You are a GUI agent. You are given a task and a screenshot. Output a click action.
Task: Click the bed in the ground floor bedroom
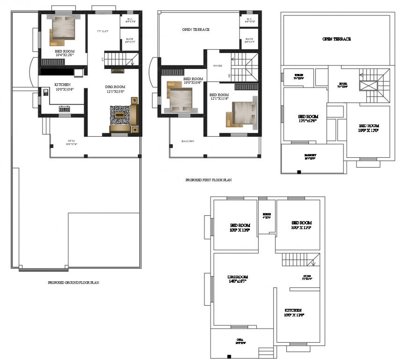63,29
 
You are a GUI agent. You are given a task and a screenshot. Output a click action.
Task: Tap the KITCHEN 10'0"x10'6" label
62,87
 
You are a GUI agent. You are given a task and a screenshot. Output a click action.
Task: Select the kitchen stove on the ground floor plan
64,109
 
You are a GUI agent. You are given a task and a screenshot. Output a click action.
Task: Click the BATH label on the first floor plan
249,40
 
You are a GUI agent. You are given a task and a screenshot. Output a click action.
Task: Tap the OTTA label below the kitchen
71,141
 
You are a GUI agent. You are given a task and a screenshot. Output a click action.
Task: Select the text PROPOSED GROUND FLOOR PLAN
73,283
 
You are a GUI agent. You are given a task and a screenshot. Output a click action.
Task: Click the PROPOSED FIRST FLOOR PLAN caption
209,180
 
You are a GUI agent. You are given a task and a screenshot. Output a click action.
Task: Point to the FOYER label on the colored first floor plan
218,66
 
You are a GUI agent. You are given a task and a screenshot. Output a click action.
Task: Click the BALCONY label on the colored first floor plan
188,141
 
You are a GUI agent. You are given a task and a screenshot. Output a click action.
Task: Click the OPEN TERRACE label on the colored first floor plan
196,29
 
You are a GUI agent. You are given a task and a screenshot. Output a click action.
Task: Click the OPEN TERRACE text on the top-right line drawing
336,39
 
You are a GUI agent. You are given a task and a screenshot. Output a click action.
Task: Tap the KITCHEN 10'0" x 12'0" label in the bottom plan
294,313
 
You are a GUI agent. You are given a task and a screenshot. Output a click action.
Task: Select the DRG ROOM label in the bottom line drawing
238,279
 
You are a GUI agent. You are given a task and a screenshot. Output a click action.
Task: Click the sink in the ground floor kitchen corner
46,92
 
